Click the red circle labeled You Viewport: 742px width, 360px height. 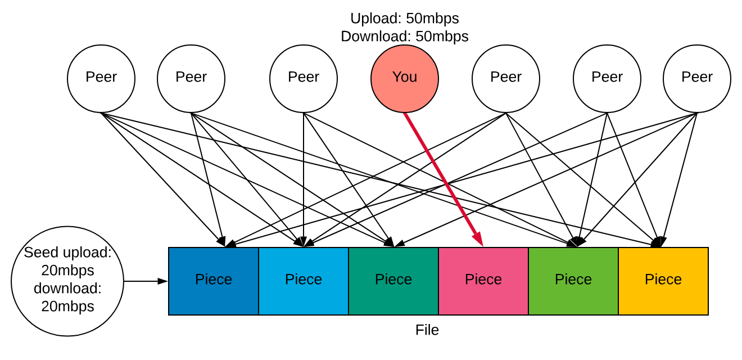point(405,79)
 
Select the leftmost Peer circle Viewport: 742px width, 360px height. point(101,79)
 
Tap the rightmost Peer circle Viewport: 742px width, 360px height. point(697,79)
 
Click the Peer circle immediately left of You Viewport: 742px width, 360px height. point(304,79)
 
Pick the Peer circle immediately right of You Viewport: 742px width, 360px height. point(506,79)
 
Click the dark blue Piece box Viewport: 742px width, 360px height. point(214,281)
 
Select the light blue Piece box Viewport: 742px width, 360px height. point(304,281)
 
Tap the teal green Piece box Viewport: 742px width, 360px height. point(393,281)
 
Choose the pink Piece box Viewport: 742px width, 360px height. point(483,281)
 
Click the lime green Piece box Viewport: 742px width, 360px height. point(573,281)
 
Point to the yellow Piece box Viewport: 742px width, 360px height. point(663,281)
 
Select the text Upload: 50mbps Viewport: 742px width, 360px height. point(405,19)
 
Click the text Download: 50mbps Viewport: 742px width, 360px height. point(405,37)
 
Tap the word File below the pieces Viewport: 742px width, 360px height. point(427,330)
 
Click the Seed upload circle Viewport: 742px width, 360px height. point(67,281)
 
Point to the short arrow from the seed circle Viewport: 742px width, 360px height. point(145,281)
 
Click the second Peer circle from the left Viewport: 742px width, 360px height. point(191,79)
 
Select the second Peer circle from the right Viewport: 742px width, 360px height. point(607,79)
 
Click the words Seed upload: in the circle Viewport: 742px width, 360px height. point(67,253)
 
